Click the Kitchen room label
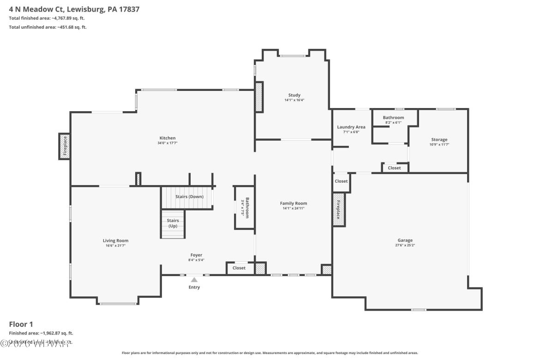168,138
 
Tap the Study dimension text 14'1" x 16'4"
294,100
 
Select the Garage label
405,240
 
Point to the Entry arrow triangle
194,279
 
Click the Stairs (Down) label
189,197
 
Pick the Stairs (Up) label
172,223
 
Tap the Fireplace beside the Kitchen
65,146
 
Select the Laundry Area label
351,127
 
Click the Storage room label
439,139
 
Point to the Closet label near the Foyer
239,268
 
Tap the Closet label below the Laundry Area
341,181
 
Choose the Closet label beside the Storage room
394,168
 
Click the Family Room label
294,203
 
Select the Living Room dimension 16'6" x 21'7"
115,246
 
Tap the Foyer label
197,255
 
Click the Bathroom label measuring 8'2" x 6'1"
393,118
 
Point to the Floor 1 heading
21,324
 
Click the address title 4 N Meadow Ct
74,9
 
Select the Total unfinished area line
48,27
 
